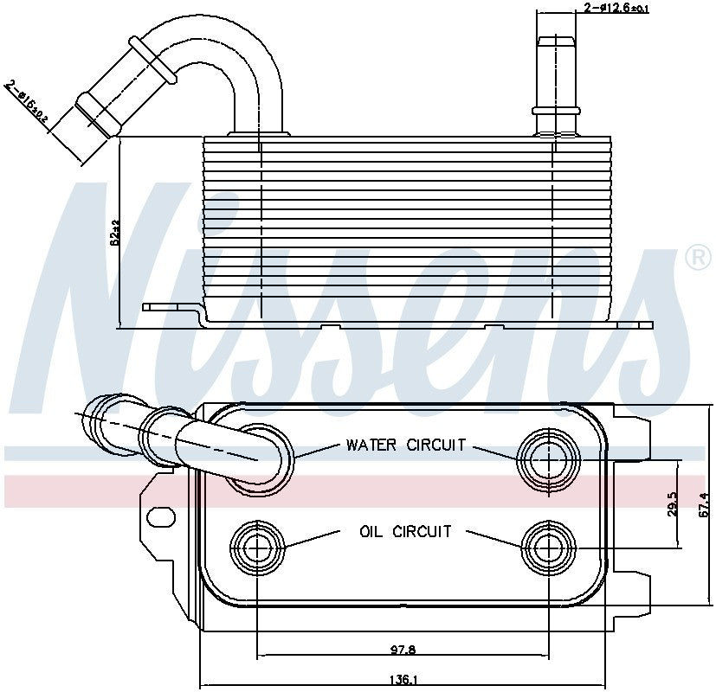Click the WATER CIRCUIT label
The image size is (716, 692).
click(406, 445)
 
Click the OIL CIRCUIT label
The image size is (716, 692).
click(405, 531)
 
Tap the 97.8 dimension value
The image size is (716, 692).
click(401, 648)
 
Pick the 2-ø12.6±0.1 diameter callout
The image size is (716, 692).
click(616, 8)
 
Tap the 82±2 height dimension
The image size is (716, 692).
click(114, 234)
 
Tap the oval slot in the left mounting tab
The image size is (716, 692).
click(161, 516)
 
